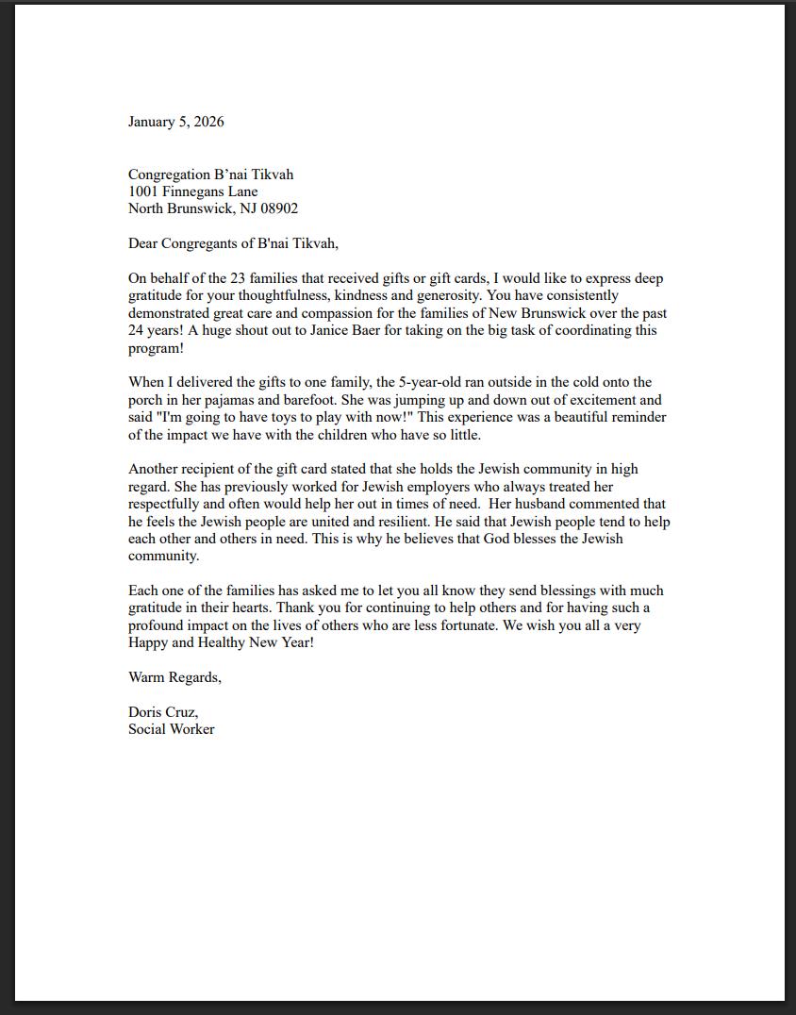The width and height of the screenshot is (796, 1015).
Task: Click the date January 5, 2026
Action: [175, 122]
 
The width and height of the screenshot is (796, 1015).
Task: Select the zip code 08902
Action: [278, 208]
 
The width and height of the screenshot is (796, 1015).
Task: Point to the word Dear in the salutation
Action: [142, 243]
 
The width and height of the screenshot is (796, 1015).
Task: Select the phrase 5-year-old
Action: [431, 382]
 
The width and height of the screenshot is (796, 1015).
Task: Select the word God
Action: [497, 539]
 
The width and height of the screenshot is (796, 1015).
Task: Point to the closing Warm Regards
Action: [174, 677]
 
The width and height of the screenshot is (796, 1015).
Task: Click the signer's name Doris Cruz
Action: [162, 712]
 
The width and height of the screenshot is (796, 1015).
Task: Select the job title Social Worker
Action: [171, 729]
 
